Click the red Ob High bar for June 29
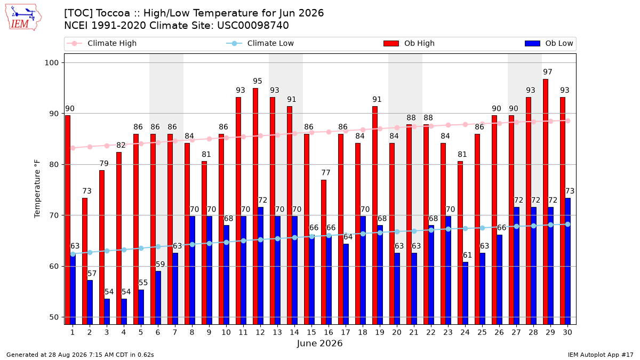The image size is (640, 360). pyautogui.click(x=546, y=202)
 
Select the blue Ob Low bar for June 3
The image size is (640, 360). pyautogui.click(x=107, y=311)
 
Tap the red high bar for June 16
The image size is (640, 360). pyautogui.click(x=323, y=252)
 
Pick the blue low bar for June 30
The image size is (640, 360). pyautogui.click(x=567, y=261)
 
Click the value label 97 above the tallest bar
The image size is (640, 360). pyautogui.click(x=548, y=71)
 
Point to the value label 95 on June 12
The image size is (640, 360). pyautogui.click(x=258, y=81)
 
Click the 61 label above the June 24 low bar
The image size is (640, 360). pyautogui.click(x=467, y=255)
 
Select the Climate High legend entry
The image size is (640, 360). pyautogui.click(x=101, y=43)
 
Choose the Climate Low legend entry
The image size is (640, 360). pyautogui.click(x=260, y=43)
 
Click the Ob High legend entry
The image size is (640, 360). pyautogui.click(x=409, y=43)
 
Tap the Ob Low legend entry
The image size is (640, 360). pyautogui.click(x=549, y=43)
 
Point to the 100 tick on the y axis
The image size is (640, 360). pyautogui.click(x=51, y=63)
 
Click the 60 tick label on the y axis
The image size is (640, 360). pyautogui.click(x=54, y=266)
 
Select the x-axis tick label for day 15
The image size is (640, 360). pyautogui.click(x=311, y=332)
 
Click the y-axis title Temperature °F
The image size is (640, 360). pyautogui.click(x=37, y=189)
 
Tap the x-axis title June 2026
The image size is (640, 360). pyautogui.click(x=319, y=343)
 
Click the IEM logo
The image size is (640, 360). pyautogui.click(x=23, y=18)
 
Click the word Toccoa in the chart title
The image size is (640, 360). pyautogui.click(x=113, y=13)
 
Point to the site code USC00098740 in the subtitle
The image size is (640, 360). pyautogui.click(x=253, y=26)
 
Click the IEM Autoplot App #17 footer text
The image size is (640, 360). pyautogui.click(x=601, y=355)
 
